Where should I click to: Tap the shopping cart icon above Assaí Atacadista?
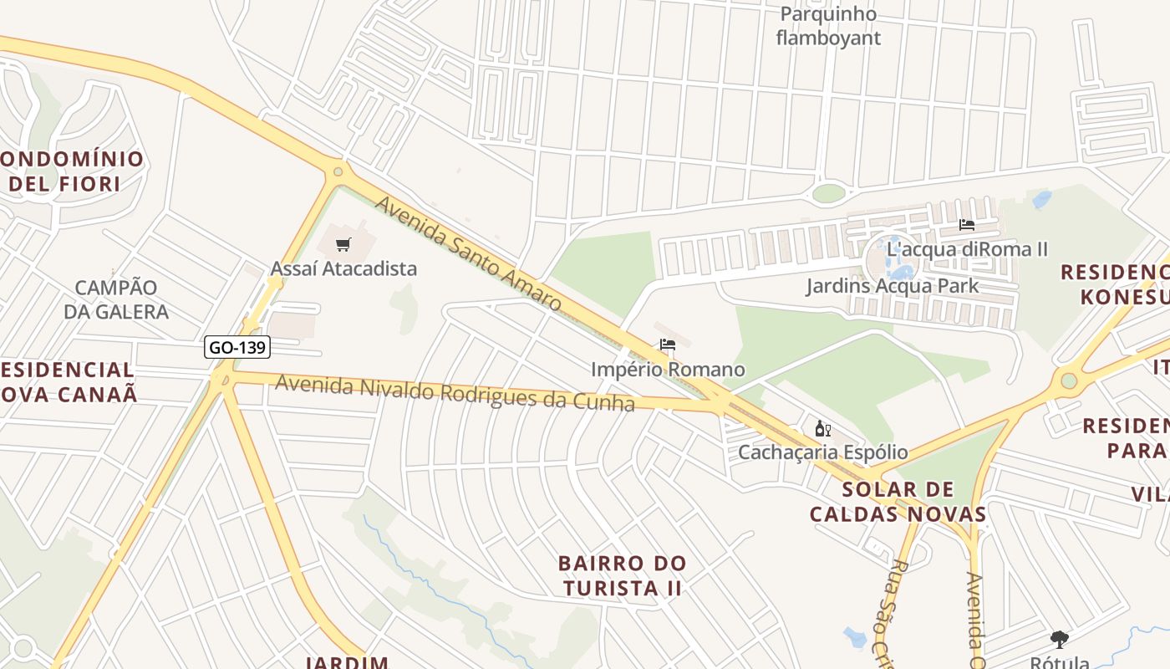click(x=343, y=244)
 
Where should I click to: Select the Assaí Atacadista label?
click(x=343, y=269)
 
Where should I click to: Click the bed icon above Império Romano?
click(x=667, y=345)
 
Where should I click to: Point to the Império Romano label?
click(x=667, y=370)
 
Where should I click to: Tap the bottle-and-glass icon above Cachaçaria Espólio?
click(x=822, y=429)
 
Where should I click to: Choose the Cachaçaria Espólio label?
click(x=822, y=452)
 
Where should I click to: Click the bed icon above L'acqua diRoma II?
click(x=967, y=225)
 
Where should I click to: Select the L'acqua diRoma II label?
click(x=968, y=249)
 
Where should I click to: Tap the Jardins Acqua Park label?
click(x=892, y=286)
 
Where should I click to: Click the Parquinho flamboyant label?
click(x=828, y=26)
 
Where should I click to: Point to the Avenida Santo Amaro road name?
click(x=468, y=253)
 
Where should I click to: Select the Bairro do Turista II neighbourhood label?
click(x=623, y=575)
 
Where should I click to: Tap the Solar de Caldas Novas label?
click(x=898, y=502)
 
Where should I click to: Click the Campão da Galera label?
click(x=116, y=299)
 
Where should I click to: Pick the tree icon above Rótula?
click(x=1060, y=640)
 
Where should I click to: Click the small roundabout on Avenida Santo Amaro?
click(x=338, y=172)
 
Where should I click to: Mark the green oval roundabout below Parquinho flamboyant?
click(x=828, y=193)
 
